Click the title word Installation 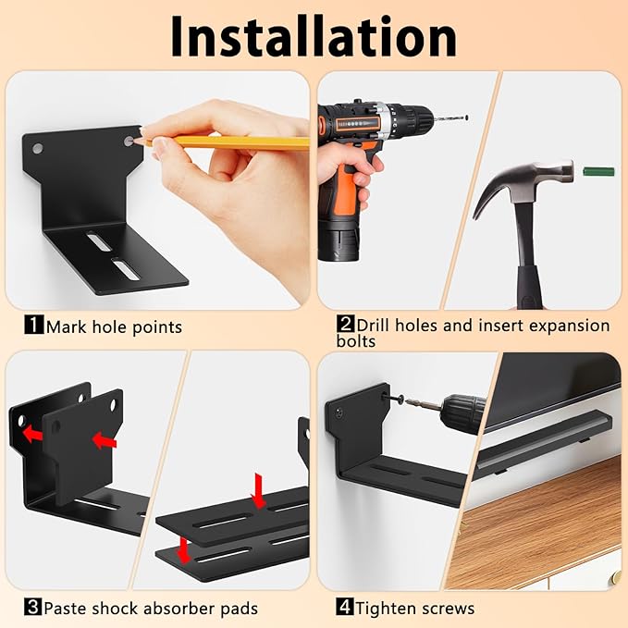click(314, 36)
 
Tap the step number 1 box click(33, 325)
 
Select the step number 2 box click(345, 324)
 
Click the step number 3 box click(33, 607)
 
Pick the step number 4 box click(345, 607)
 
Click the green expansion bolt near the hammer click(598, 172)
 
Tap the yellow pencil click(224, 142)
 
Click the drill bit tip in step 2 click(466, 117)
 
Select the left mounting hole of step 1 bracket click(38, 149)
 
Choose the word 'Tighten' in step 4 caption click(385, 609)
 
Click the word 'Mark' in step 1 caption click(66, 326)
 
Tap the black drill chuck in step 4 click(463, 413)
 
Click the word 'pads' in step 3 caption click(240, 609)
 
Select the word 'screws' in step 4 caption click(446, 610)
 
